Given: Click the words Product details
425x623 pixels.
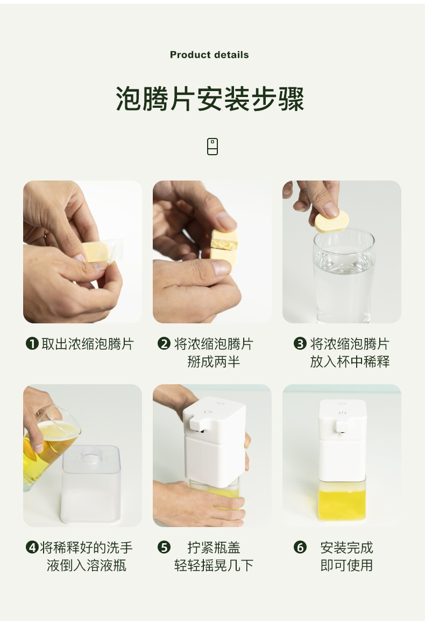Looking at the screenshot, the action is tap(209, 55).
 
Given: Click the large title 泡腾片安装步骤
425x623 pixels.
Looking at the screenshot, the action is tap(210, 99).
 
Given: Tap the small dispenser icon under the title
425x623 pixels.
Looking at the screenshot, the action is tap(212, 147).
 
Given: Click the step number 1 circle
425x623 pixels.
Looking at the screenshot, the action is tap(32, 343).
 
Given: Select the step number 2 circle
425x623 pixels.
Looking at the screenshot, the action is tap(164, 343).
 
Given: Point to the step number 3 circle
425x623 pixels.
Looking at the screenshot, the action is tap(300, 343).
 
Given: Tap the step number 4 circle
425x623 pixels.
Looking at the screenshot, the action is tap(32, 547).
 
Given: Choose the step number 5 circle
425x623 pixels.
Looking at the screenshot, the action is tap(164, 547).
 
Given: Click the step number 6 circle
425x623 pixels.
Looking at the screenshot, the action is tap(300, 547).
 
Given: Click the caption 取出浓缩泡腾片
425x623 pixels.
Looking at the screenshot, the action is tap(88, 344).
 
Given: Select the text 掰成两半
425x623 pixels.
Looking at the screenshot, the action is tap(214, 362).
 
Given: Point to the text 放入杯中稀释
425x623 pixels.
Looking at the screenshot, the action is tap(350, 362).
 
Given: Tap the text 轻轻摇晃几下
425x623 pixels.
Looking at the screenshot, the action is tap(214, 565).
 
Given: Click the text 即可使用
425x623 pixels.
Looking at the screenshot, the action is tap(346, 565).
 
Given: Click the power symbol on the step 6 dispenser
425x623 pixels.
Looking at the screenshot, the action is tap(342, 413).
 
